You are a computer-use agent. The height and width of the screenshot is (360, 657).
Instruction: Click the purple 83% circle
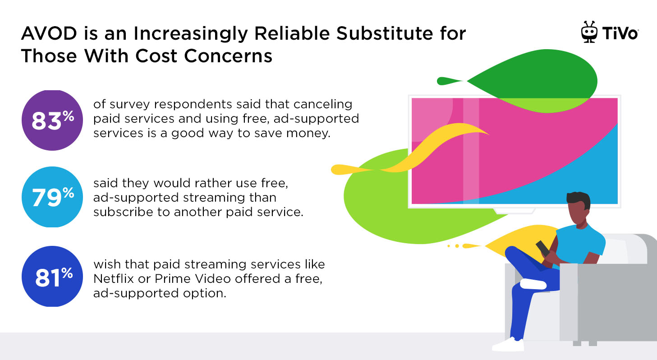pyautogui.click(x=52, y=120)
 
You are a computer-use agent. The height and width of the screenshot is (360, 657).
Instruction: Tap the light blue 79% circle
pyautogui.click(x=52, y=197)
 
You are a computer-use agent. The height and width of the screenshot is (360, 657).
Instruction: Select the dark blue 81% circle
pyautogui.click(x=52, y=277)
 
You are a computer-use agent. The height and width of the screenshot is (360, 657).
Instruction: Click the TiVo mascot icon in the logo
pyautogui.click(x=589, y=32)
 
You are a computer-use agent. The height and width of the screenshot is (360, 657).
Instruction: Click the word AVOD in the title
pyautogui.click(x=49, y=33)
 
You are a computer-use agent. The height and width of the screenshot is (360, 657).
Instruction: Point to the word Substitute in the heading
pyautogui.click(x=385, y=33)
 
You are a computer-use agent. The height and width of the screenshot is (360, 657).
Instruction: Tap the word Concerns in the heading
pyautogui.click(x=228, y=56)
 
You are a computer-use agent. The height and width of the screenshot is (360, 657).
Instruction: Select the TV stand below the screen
pyautogui.click(x=514, y=211)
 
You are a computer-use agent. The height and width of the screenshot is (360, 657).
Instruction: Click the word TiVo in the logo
pyautogui.click(x=620, y=33)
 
